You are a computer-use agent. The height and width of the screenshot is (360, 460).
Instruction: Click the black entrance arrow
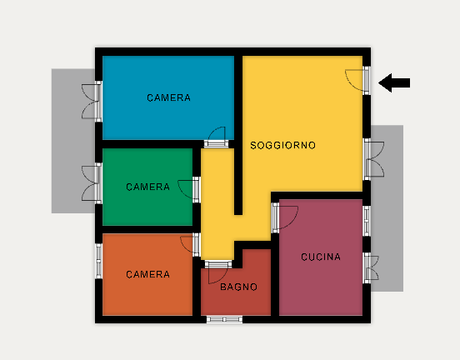point(394,82)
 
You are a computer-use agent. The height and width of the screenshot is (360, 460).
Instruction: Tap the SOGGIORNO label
point(282,145)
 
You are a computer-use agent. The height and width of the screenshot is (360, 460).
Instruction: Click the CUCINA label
point(321,257)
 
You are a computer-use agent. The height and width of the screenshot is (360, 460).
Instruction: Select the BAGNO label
point(238,287)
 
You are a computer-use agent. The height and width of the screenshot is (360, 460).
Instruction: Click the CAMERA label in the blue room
point(168,97)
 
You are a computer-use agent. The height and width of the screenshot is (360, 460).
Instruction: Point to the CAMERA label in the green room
point(147,187)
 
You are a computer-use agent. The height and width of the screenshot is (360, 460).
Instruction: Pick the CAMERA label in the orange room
point(147,274)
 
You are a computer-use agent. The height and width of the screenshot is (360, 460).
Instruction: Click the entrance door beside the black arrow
point(357,80)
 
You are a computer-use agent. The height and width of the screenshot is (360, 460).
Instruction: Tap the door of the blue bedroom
point(217,137)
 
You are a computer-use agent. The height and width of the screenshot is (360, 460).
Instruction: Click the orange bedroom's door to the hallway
point(190,245)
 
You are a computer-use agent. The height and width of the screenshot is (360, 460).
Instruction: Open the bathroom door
point(218,272)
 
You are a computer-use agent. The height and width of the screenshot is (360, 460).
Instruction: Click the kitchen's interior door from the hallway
point(284,217)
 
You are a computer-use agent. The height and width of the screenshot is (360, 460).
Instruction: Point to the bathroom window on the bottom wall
point(224,319)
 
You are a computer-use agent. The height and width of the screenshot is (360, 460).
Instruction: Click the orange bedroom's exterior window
point(98,261)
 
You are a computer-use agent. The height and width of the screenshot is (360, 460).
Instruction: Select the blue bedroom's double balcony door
point(92,101)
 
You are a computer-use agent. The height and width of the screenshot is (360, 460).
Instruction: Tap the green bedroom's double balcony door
point(92,183)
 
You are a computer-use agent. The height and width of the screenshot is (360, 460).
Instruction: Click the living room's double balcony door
point(374,159)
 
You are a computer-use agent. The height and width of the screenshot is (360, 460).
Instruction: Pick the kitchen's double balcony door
point(371,267)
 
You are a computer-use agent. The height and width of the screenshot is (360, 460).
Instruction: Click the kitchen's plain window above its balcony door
point(367,221)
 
